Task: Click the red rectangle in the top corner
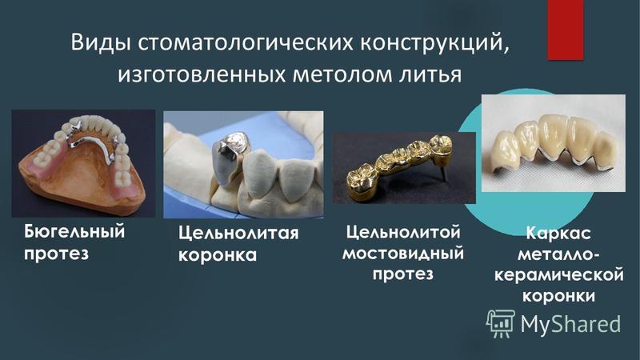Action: [566, 30]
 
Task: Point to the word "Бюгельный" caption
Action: [74, 232]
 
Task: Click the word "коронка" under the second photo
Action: [218, 255]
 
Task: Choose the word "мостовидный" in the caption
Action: [403, 253]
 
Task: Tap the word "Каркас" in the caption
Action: [558, 233]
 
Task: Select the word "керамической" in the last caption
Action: [558, 274]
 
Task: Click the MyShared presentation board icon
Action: [501, 323]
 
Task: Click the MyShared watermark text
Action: [570, 324]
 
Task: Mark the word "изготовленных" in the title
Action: [202, 74]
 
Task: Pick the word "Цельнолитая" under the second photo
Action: [238, 234]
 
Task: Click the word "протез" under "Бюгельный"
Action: [56, 254]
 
